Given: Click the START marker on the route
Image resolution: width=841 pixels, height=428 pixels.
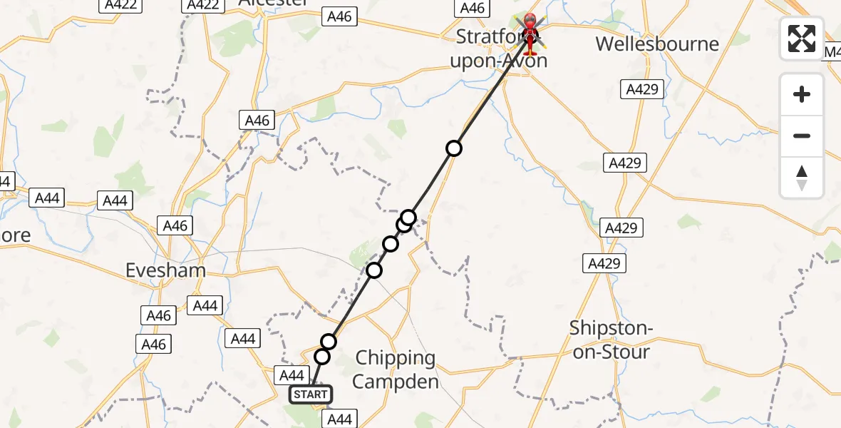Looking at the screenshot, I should click(x=311, y=394).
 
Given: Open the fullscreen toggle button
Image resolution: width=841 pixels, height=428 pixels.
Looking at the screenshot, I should click(x=802, y=39).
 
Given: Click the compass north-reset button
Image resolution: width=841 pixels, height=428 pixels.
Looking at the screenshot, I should click(x=802, y=178).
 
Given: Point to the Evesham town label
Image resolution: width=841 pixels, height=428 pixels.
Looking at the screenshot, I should click(x=165, y=270).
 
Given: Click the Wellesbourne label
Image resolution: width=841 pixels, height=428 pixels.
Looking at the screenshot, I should click(x=657, y=44).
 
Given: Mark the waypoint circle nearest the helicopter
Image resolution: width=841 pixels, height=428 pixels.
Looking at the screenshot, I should click(x=454, y=148).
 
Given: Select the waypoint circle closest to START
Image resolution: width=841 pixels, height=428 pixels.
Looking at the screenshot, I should click(x=322, y=357).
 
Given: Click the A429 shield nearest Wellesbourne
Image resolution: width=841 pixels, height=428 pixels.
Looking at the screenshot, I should click(x=642, y=89).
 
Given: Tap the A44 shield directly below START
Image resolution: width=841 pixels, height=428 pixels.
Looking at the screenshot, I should click(x=339, y=419).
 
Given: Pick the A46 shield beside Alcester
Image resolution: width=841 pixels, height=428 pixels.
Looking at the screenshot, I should click(x=339, y=16).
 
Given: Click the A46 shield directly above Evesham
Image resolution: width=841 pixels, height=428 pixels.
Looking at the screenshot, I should click(x=175, y=226).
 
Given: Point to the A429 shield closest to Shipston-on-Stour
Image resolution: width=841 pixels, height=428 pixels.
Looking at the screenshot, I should click(x=604, y=263).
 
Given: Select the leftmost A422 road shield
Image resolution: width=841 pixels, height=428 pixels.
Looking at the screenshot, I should click(x=121, y=4).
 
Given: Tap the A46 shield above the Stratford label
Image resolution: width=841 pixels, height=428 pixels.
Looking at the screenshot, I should click(x=472, y=8).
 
